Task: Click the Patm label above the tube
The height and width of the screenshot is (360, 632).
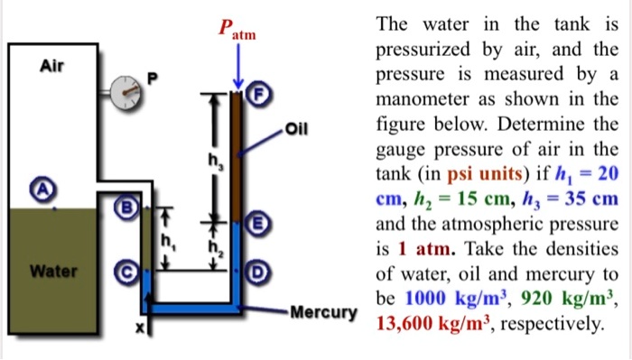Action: coord(237,28)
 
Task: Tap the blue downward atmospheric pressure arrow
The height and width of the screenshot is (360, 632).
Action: coord(237,64)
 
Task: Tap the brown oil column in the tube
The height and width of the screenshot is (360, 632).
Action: coord(237,153)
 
